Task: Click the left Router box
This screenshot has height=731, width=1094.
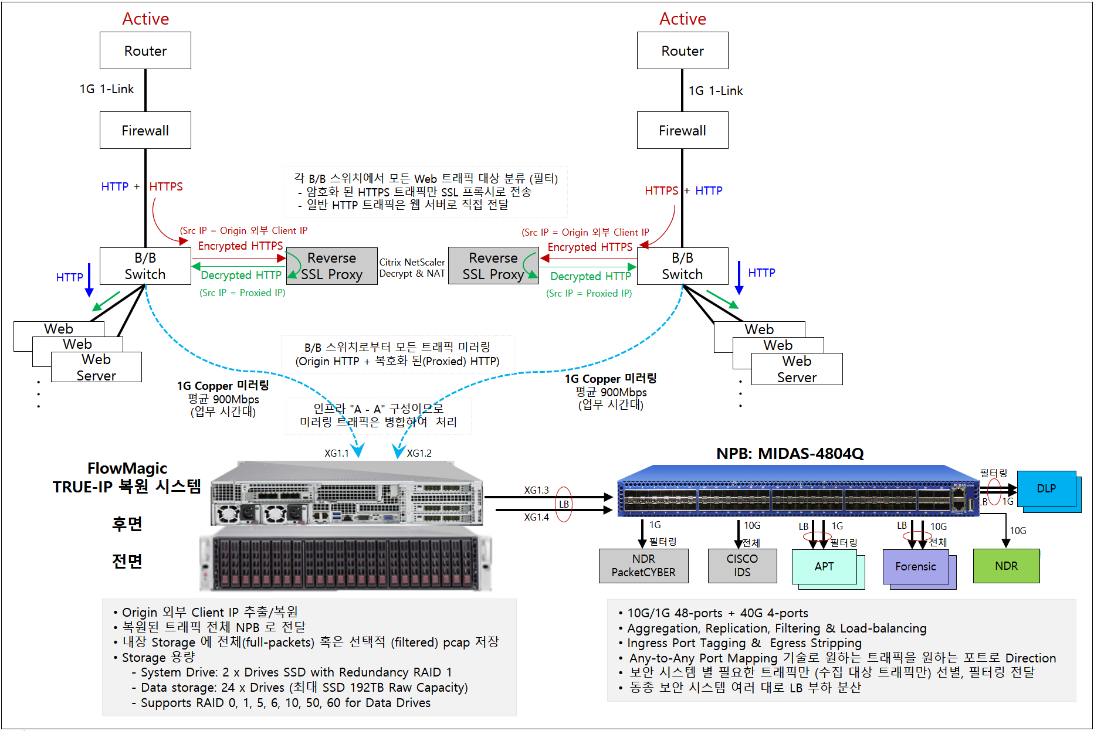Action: pyautogui.click(x=145, y=50)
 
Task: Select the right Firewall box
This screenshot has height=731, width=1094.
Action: pyautogui.click(x=683, y=130)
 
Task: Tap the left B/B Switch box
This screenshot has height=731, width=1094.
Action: pyautogui.click(x=145, y=266)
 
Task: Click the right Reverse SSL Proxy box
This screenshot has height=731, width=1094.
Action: pyautogui.click(x=493, y=266)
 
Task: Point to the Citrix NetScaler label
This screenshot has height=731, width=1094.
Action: pyautogui.click(x=412, y=262)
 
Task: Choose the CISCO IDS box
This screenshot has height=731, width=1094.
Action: pyautogui.click(x=742, y=566)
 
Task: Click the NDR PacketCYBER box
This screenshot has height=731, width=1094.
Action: pyautogui.click(x=643, y=566)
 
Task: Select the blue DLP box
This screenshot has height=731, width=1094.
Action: pyautogui.click(x=1046, y=488)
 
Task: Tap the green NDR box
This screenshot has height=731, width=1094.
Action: pyautogui.click(x=1007, y=566)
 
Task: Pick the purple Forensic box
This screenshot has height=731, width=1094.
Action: pyautogui.click(x=916, y=566)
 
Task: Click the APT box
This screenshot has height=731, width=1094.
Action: pyautogui.click(x=824, y=566)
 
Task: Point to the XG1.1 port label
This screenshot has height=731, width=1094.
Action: pyautogui.click(x=337, y=453)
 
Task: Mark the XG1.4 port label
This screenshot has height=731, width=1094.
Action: pyautogui.click(x=536, y=517)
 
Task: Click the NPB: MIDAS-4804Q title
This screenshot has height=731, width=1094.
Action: pyautogui.click(x=790, y=453)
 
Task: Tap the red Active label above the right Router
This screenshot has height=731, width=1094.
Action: pyautogui.click(x=683, y=19)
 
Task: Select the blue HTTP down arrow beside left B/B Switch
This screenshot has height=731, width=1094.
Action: pyautogui.click(x=89, y=280)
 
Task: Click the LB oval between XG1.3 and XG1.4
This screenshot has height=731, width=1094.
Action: pyautogui.click(x=564, y=504)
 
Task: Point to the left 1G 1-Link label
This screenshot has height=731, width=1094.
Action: pyautogui.click(x=107, y=89)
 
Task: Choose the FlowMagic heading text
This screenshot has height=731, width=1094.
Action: pyautogui.click(x=127, y=468)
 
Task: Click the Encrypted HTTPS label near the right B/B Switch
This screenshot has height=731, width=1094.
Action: pyautogui.click(x=590, y=247)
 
